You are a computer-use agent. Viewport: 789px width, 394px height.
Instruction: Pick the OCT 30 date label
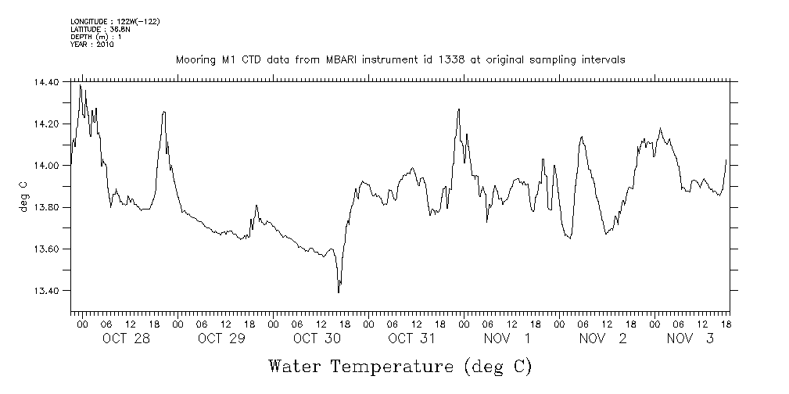click(x=317, y=338)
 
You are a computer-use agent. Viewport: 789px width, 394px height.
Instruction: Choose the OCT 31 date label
click(x=411, y=338)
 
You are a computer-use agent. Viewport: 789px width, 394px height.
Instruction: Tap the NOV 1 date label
click(x=507, y=338)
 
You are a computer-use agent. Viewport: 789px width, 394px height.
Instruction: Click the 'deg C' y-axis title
click(x=23, y=195)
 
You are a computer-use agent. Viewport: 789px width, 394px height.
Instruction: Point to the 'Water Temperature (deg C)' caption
click(x=400, y=366)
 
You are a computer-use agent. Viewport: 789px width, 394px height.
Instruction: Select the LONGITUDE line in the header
click(x=115, y=21)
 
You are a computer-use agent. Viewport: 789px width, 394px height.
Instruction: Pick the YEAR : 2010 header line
click(x=92, y=45)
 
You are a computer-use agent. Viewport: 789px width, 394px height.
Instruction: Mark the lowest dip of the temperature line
click(x=339, y=292)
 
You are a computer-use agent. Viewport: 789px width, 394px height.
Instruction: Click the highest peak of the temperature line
click(x=80, y=85)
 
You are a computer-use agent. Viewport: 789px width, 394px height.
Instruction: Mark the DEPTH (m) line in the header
click(x=95, y=37)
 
